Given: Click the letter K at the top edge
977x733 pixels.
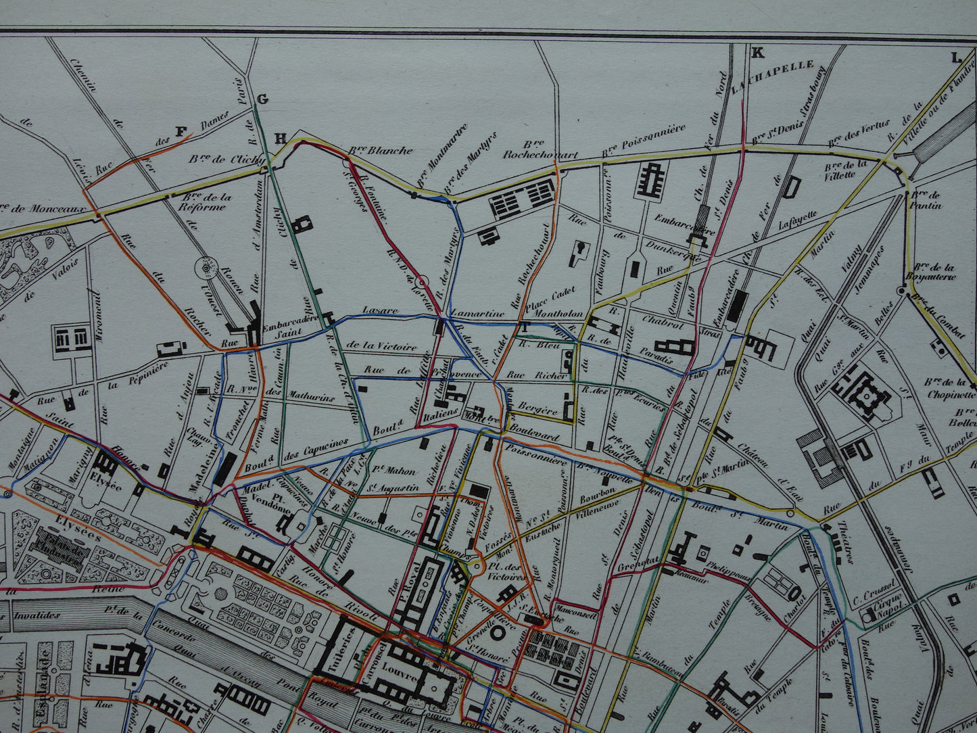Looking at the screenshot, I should [757, 53].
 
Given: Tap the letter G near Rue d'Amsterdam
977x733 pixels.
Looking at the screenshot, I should [262, 100].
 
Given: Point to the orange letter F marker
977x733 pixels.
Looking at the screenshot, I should [181, 132].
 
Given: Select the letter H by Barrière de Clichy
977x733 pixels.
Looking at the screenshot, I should [280, 139].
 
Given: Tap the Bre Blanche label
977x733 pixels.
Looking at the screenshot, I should [380, 150].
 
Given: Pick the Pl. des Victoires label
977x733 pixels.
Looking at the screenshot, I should [504, 571].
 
